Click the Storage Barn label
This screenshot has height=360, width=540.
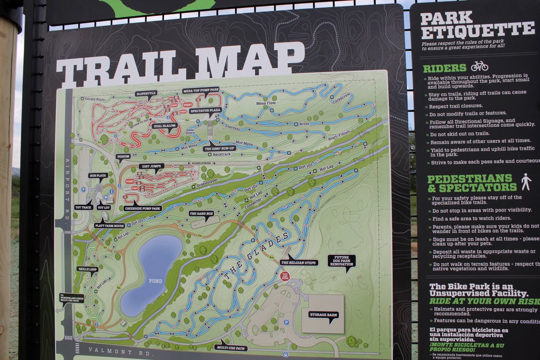pos(323,314)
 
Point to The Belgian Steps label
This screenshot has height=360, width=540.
pos(299,263)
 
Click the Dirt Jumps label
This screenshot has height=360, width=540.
pos(151,167)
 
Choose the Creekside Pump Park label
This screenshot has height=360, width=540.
pos(143,208)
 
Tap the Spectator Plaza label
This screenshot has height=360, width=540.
pos(205,111)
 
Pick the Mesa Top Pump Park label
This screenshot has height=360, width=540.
pos(201,90)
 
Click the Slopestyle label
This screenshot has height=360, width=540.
pos(146,93)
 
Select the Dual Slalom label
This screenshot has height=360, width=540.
pos(165,126)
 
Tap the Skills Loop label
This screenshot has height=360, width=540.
pos(87,268)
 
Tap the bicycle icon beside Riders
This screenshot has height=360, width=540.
pos(479,66)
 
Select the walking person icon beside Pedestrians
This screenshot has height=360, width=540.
pos(526,182)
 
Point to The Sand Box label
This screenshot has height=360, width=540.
pos(201,214)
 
